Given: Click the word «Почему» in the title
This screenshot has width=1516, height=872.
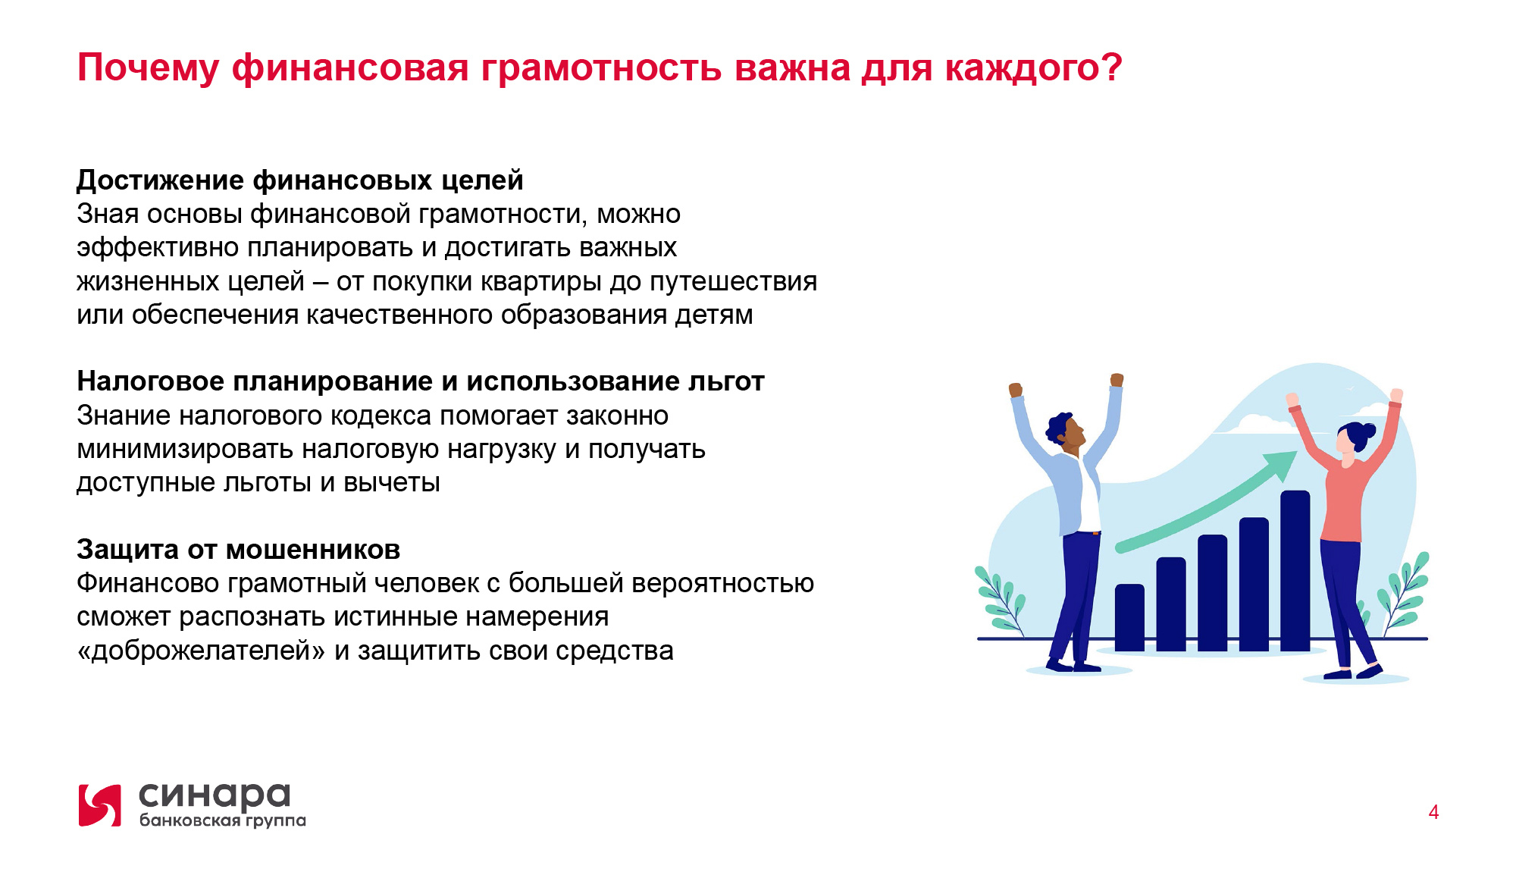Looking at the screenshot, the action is click(149, 69).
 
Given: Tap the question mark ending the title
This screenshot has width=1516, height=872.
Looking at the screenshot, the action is click(1112, 67).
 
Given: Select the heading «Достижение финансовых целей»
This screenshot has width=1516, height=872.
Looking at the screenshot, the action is click(300, 181).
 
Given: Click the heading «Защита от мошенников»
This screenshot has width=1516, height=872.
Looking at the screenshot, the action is click(239, 550).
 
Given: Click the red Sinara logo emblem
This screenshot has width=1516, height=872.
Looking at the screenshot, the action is click(99, 805).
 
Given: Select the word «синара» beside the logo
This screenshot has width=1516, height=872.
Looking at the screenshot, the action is click(215, 795).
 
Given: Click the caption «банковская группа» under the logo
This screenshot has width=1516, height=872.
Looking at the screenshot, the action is click(223, 820).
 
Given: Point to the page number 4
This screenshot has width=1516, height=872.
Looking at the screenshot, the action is click(1433, 812).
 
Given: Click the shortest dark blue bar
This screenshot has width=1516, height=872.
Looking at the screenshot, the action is click(1129, 618).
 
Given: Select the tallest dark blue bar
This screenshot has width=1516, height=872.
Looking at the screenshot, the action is click(1295, 571).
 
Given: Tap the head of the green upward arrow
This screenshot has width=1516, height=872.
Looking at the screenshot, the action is click(1281, 463).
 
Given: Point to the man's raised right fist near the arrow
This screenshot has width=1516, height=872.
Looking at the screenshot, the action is click(1117, 380).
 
